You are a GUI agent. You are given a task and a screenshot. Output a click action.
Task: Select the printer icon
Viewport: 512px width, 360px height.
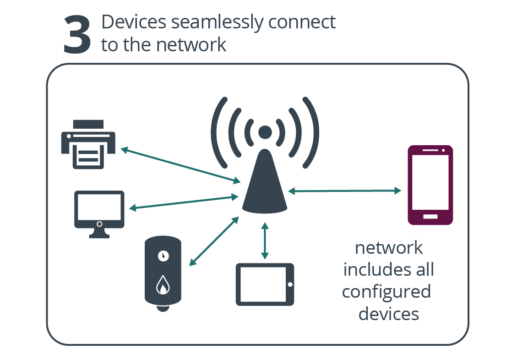[88, 144]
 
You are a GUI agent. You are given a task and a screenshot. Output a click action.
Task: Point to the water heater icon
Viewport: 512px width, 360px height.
[163, 273]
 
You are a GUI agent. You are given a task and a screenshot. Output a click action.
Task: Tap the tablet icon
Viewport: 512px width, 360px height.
[265, 284]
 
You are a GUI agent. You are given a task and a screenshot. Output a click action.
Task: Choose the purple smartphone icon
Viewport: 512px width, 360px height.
[430, 185]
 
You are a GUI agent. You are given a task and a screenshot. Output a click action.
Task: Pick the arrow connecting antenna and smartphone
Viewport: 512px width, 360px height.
[344, 191]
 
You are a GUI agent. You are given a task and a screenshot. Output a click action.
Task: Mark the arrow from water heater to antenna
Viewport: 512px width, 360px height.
[214, 240]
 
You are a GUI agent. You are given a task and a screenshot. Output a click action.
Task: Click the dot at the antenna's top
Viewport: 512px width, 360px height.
[265, 132]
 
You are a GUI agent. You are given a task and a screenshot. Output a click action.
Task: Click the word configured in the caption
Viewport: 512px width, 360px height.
[387, 292]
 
